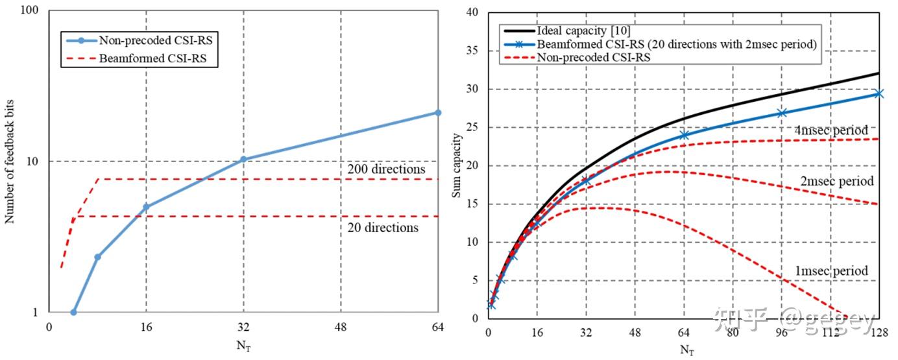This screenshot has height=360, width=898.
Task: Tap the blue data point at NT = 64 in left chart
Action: (438, 113)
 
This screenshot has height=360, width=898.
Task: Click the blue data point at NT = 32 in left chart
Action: (243, 159)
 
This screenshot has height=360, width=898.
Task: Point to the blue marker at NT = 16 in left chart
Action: (146, 207)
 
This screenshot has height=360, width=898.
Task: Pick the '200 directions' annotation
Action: (386, 169)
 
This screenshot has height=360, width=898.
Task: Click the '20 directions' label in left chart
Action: (383, 228)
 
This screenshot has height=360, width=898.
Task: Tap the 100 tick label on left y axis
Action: (30, 12)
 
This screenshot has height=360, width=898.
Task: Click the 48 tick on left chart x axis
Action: (341, 327)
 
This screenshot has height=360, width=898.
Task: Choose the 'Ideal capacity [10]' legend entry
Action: (574, 30)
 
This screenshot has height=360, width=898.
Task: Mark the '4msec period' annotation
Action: (831, 130)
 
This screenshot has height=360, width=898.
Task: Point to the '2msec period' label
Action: (837, 181)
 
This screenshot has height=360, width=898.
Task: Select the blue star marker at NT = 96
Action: (781, 113)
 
